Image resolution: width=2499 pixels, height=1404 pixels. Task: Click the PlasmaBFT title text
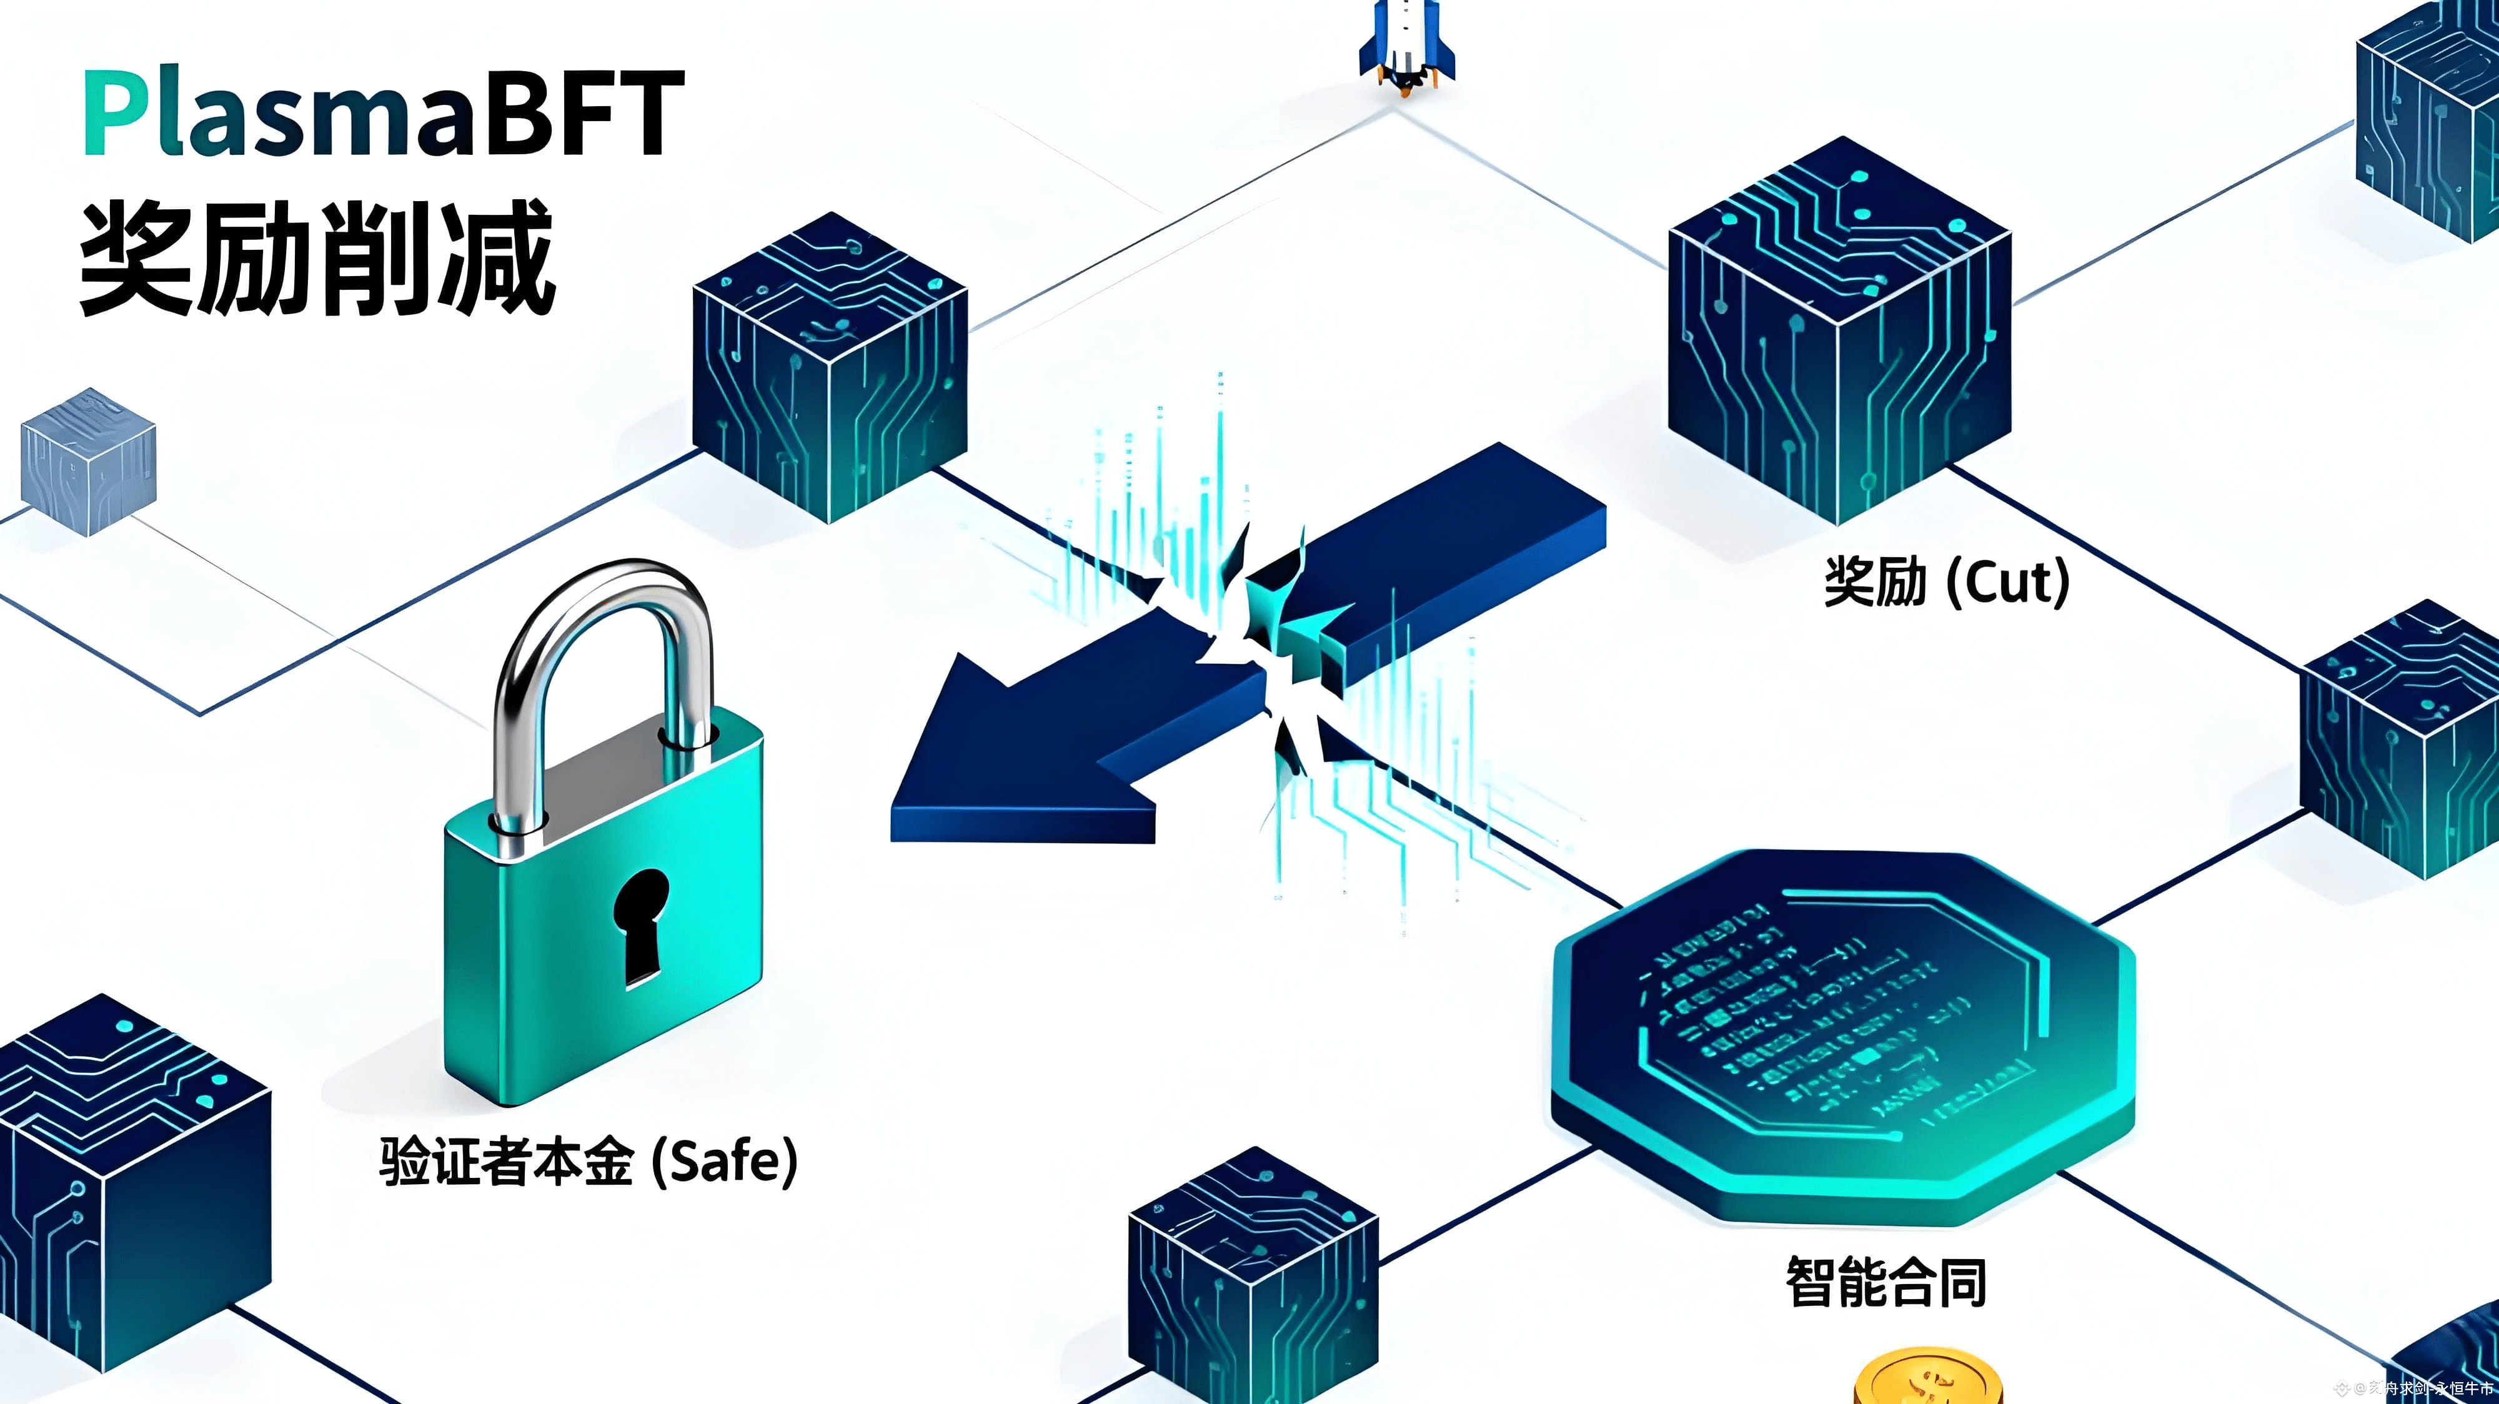coord(383,114)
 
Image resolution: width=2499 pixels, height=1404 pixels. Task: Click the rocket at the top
coord(1407,44)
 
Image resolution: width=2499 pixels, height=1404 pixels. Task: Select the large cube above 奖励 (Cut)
coord(1839,330)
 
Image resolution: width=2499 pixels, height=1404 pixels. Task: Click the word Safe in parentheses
coord(723,1160)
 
